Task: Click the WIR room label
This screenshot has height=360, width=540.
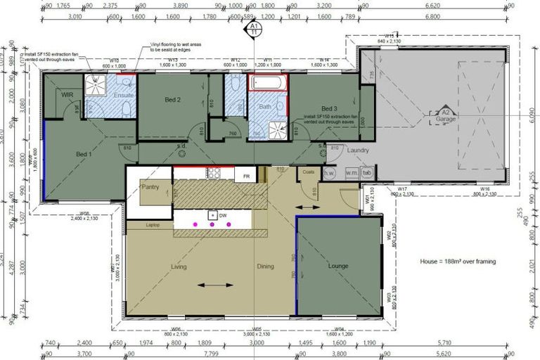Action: pyautogui.click(x=68, y=94)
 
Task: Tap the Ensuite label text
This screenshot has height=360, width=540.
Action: pyautogui.click(x=124, y=94)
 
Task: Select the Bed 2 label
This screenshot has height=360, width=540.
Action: pyautogui.click(x=173, y=100)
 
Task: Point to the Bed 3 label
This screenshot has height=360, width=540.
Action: pyautogui.click(x=330, y=108)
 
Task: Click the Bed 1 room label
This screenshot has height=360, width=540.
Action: pyautogui.click(x=85, y=153)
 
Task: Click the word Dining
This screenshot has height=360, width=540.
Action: pyautogui.click(x=265, y=266)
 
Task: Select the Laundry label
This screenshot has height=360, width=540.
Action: pyautogui.click(x=359, y=150)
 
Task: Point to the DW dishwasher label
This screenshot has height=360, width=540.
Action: pyautogui.click(x=222, y=215)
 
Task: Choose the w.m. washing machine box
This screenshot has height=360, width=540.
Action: pyautogui.click(x=350, y=173)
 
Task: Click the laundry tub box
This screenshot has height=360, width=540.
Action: pyautogui.click(x=367, y=173)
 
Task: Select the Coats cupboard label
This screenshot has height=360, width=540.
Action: pyautogui.click(x=307, y=171)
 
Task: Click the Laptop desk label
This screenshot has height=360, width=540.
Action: pyautogui.click(x=153, y=225)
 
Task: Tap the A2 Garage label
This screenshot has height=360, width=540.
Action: pyautogui.click(x=445, y=115)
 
